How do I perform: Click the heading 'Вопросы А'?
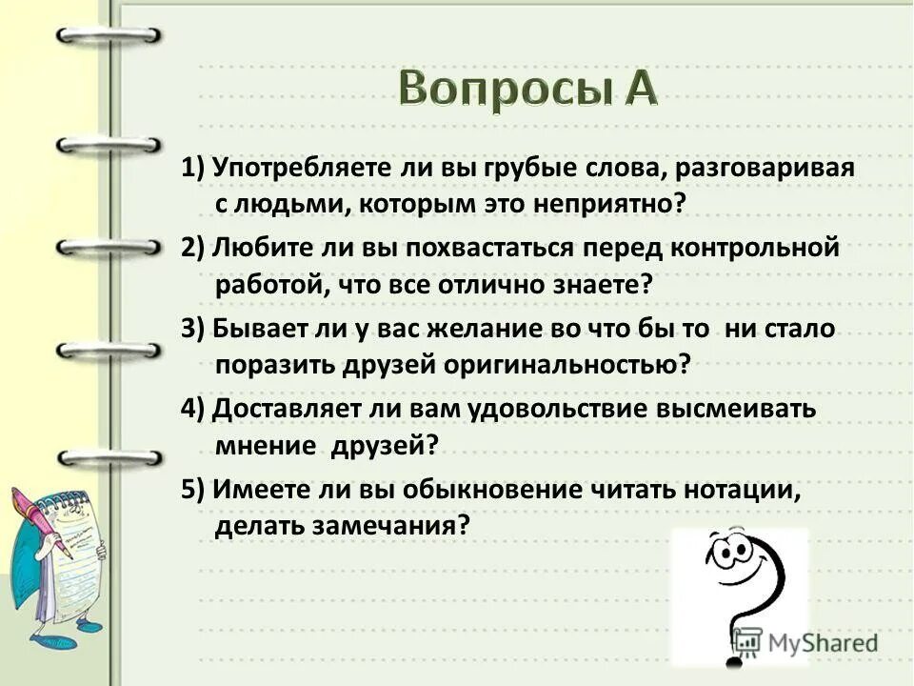point(527,91)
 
